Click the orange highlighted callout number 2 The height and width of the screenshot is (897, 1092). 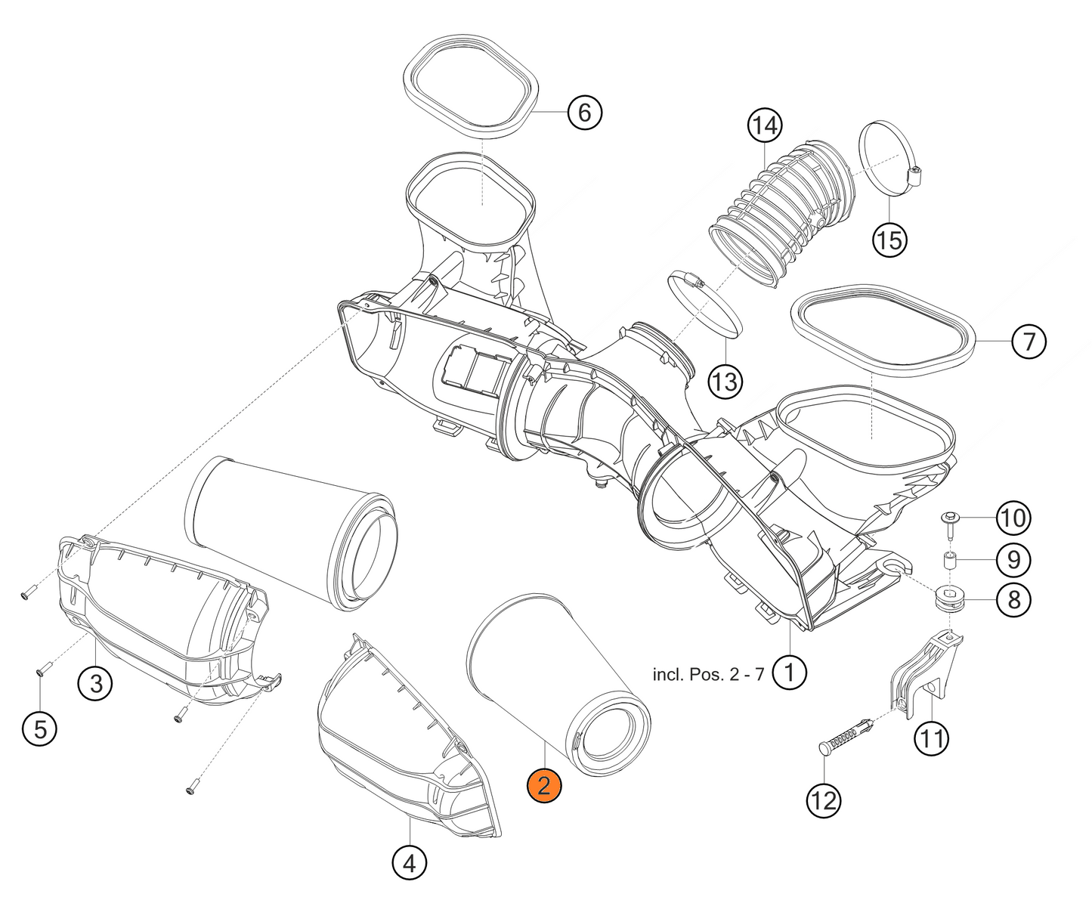tap(543, 786)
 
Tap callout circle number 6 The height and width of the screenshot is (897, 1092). tap(585, 113)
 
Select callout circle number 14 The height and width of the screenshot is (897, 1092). tap(765, 126)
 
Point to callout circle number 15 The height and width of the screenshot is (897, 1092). tap(890, 240)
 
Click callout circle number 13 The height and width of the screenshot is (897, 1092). tap(725, 382)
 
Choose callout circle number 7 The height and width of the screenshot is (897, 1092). tap(1029, 342)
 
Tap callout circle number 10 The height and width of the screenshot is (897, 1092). tap(1013, 518)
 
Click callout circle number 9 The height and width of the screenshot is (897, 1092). tap(1013, 560)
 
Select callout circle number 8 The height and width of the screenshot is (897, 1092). tap(1013, 600)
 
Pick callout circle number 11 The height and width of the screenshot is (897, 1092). tap(932, 738)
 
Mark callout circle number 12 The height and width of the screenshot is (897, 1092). tap(823, 801)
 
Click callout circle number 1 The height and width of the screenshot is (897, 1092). tap(789, 673)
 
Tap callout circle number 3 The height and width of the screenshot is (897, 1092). tap(94, 684)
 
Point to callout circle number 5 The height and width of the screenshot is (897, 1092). tap(39, 728)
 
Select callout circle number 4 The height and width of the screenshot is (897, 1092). tap(409, 863)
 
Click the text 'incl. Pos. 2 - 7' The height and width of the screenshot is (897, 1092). tap(708, 674)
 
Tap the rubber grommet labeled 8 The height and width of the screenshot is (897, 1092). tap(949, 599)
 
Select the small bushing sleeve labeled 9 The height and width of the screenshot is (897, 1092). tap(948, 561)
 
